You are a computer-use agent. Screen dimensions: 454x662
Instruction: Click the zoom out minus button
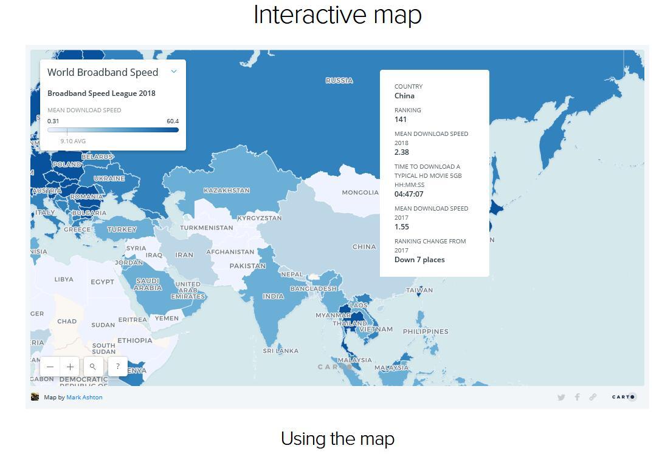pyautogui.click(x=50, y=367)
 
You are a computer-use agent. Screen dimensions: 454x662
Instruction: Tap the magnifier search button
pyautogui.click(x=92, y=367)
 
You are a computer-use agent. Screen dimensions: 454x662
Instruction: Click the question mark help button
pyautogui.click(x=117, y=367)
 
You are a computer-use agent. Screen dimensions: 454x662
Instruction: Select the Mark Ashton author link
pyautogui.click(x=84, y=398)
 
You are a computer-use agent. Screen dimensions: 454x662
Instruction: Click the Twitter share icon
pyautogui.click(x=561, y=398)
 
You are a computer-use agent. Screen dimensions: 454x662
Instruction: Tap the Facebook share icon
pyautogui.click(x=577, y=397)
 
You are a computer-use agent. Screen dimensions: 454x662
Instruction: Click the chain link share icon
pyautogui.click(x=593, y=397)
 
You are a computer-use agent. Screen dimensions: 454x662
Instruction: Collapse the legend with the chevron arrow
pyautogui.click(x=174, y=72)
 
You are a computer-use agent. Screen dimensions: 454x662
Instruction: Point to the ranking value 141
pyautogui.click(x=401, y=120)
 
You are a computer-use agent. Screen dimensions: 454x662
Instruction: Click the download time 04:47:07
pyautogui.click(x=409, y=194)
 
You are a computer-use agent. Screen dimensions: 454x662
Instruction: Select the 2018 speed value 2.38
pyautogui.click(x=402, y=152)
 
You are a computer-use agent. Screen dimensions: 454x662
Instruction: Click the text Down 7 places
pyautogui.click(x=419, y=260)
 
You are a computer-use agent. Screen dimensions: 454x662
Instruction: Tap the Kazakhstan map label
pyautogui.click(x=227, y=191)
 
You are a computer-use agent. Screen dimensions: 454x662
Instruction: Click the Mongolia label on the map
pyautogui.click(x=360, y=192)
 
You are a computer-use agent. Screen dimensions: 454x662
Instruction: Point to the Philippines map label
pyautogui.click(x=426, y=331)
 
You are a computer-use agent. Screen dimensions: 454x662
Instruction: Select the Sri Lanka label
pyautogui.click(x=281, y=351)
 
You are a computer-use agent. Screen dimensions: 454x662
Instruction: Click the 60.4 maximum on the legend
pyautogui.click(x=173, y=121)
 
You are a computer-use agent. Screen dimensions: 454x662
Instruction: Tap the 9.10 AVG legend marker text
pyautogui.click(x=73, y=141)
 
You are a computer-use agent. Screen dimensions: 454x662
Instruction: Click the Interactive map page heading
pyautogui.click(x=337, y=15)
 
